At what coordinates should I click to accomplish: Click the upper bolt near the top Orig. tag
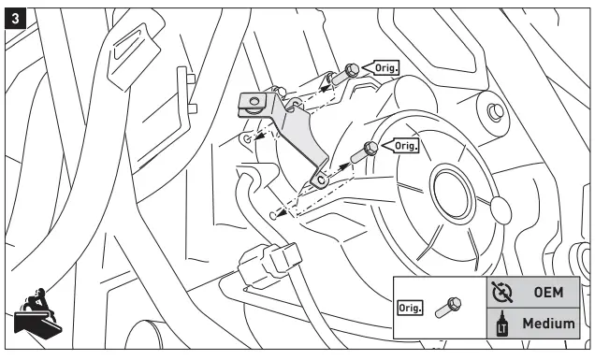coord(351,70)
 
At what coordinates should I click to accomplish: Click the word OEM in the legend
coord(547,292)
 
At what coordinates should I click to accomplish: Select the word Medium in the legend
coord(547,324)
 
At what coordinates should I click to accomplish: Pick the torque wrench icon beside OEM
coord(501,292)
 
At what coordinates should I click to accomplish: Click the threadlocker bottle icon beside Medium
coord(501,324)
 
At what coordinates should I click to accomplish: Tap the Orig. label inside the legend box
coord(412,307)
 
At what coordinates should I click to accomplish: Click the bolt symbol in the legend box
coord(449,307)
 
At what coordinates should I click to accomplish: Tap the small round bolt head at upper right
coord(496,112)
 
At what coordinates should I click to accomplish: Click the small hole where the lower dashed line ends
coord(272,215)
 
